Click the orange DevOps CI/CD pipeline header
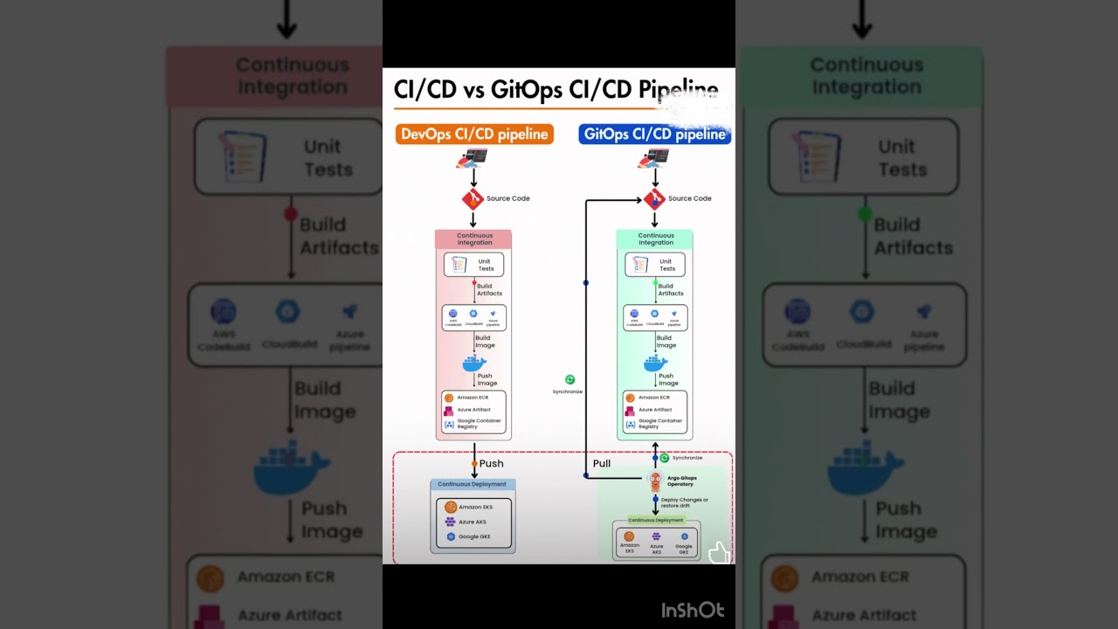(474, 134)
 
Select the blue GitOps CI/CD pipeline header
(654, 134)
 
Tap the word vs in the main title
(468, 89)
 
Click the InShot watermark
(693, 610)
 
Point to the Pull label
(602, 463)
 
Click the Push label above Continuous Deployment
(491, 463)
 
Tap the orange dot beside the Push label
(474, 464)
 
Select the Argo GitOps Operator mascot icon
(655, 480)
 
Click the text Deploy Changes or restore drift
(685, 502)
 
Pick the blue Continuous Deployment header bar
(473, 484)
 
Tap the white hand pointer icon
(718, 552)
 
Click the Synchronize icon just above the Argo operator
(665, 458)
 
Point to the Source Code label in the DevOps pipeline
(507, 198)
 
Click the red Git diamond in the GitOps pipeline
(654, 199)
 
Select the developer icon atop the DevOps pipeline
(473, 159)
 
